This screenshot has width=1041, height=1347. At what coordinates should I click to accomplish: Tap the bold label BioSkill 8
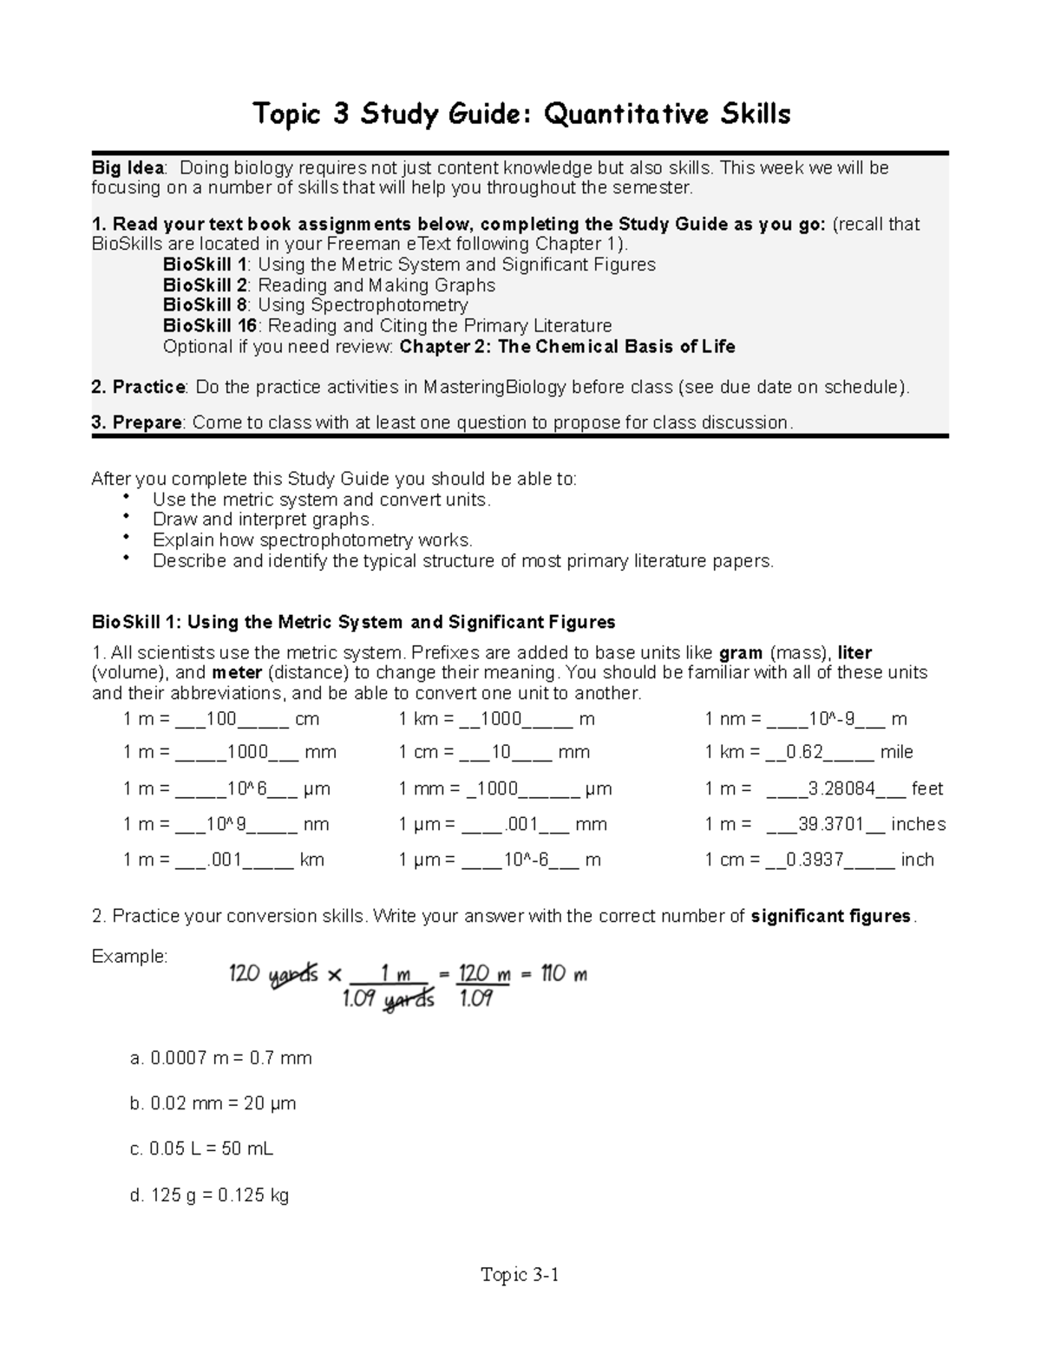206,305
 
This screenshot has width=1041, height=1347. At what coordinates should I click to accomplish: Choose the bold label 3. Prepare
136,422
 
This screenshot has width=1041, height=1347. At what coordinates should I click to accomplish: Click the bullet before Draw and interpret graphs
127,518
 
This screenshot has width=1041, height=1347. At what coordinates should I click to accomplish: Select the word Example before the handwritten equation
129,957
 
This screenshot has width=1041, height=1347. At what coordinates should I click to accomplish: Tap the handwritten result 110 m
564,974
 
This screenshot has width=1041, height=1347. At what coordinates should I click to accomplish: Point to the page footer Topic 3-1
520,1274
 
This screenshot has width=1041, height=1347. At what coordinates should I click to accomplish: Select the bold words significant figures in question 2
830,917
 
